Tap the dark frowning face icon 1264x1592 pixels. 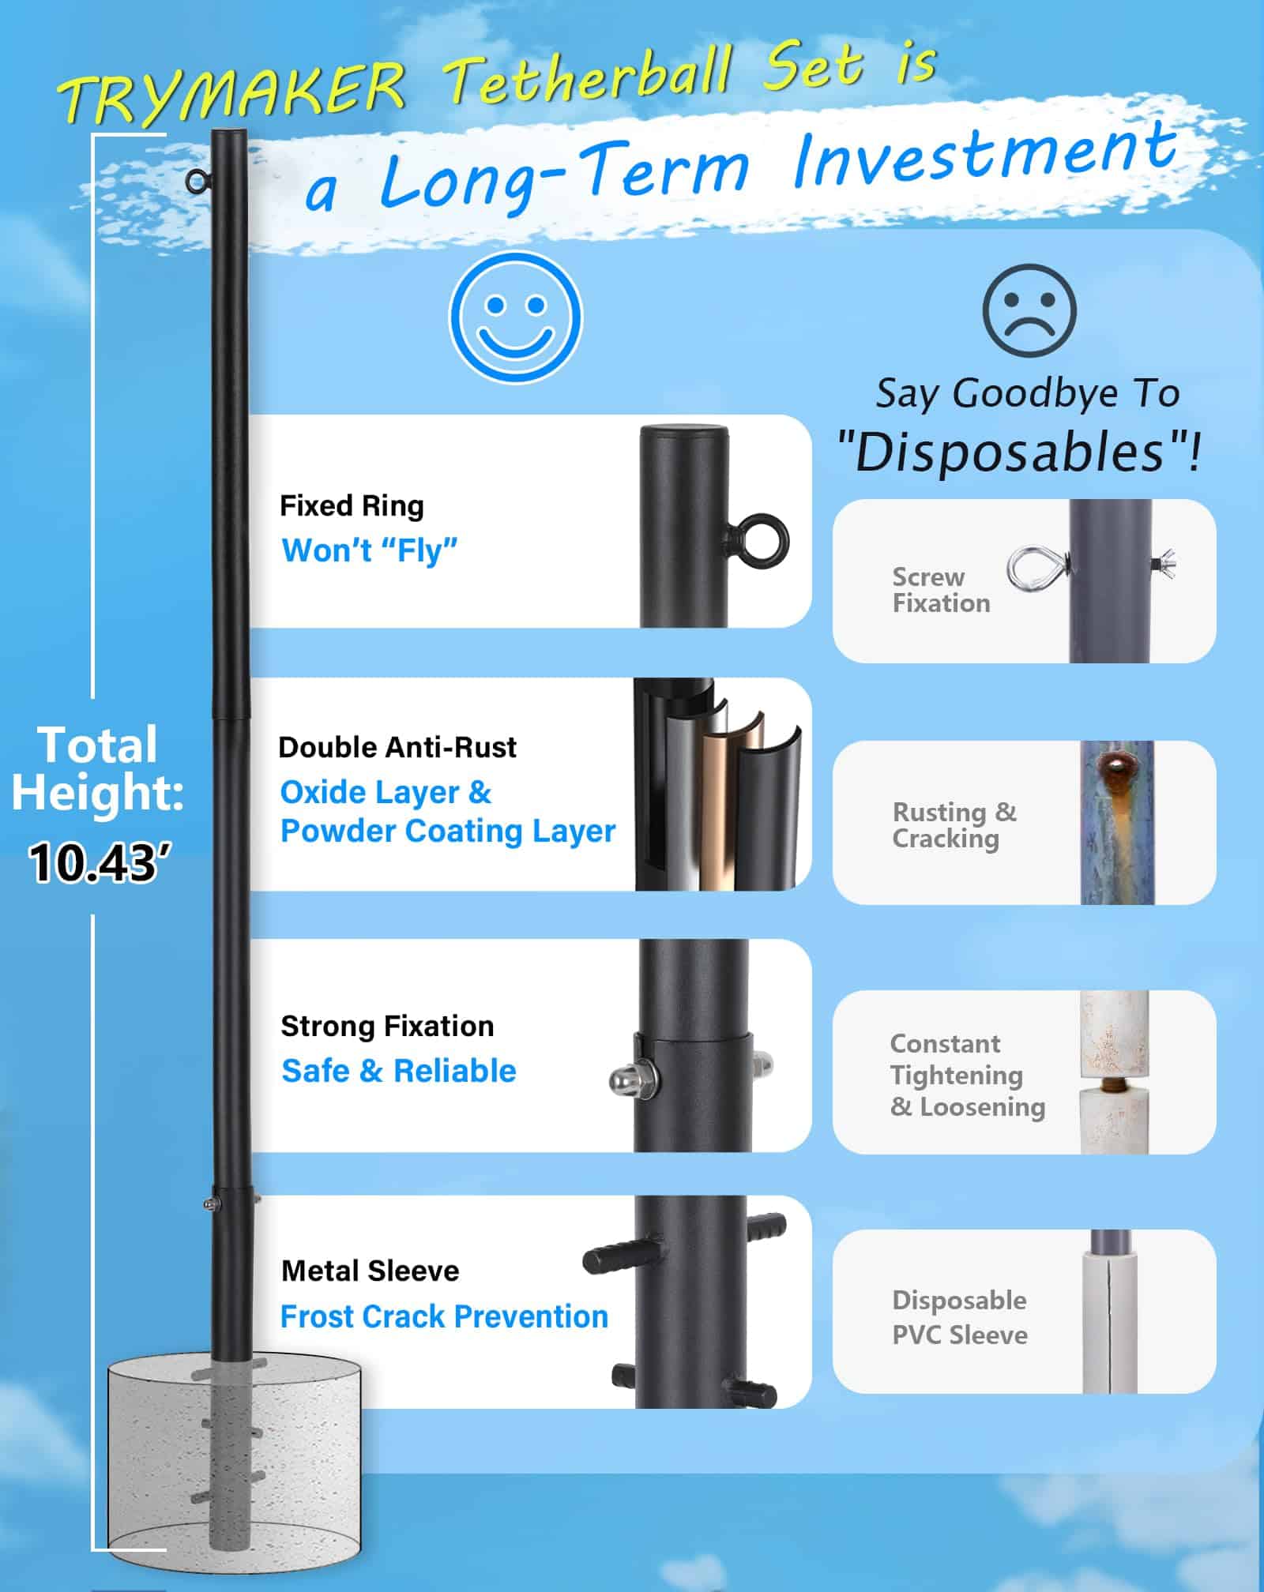[x=1029, y=310]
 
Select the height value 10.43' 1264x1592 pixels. [x=95, y=862]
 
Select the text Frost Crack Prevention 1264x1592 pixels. [x=444, y=1316]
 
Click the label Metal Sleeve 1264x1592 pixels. [x=370, y=1271]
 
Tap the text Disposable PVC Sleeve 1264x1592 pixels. [x=960, y=1317]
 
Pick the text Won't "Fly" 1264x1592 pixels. [x=370, y=550]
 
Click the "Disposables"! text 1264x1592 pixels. [x=1018, y=451]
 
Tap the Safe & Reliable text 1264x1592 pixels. [x=399, y=1071]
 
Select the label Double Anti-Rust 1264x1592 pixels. [x=397, y=747]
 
